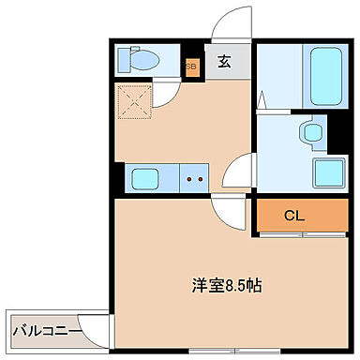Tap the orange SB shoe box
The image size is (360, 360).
(x=191, y=67)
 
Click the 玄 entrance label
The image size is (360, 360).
(x=225, y=64)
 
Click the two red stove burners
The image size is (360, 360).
(x=195, y=177)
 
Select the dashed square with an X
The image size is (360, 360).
(x=132, y=101)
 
